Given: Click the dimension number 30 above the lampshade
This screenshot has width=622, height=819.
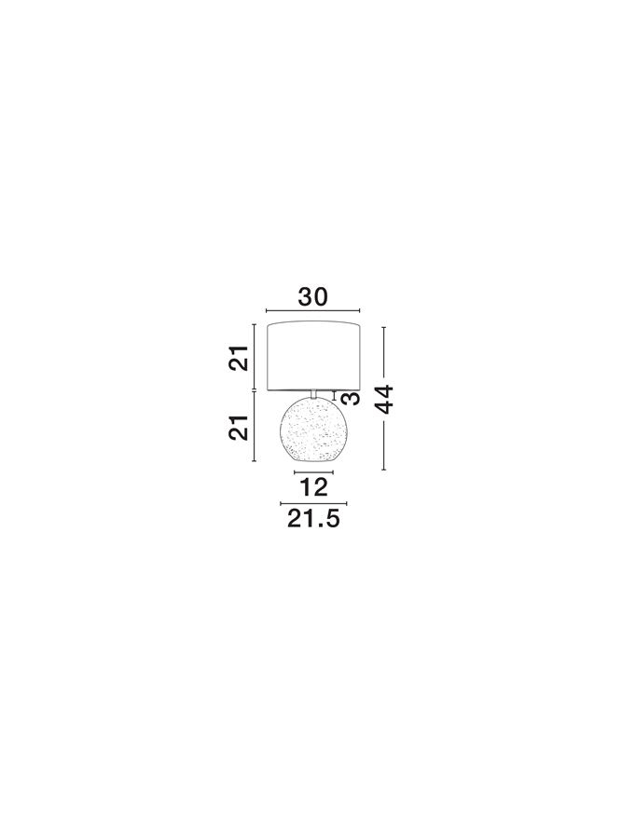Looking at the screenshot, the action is (312, 296).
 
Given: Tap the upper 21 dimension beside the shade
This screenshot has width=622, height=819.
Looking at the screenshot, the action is (238, 358).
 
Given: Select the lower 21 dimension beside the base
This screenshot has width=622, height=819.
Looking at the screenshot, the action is (238, 428).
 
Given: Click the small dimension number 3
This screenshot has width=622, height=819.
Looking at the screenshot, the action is (351, 399).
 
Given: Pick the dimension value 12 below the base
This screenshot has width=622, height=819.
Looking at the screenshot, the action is (313, 487).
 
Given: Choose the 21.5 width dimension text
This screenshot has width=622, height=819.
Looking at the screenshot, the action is (313, 519).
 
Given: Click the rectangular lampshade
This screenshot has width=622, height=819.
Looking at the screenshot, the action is (314, 356).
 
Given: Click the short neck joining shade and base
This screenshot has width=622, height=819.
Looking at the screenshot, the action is (314, 394).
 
